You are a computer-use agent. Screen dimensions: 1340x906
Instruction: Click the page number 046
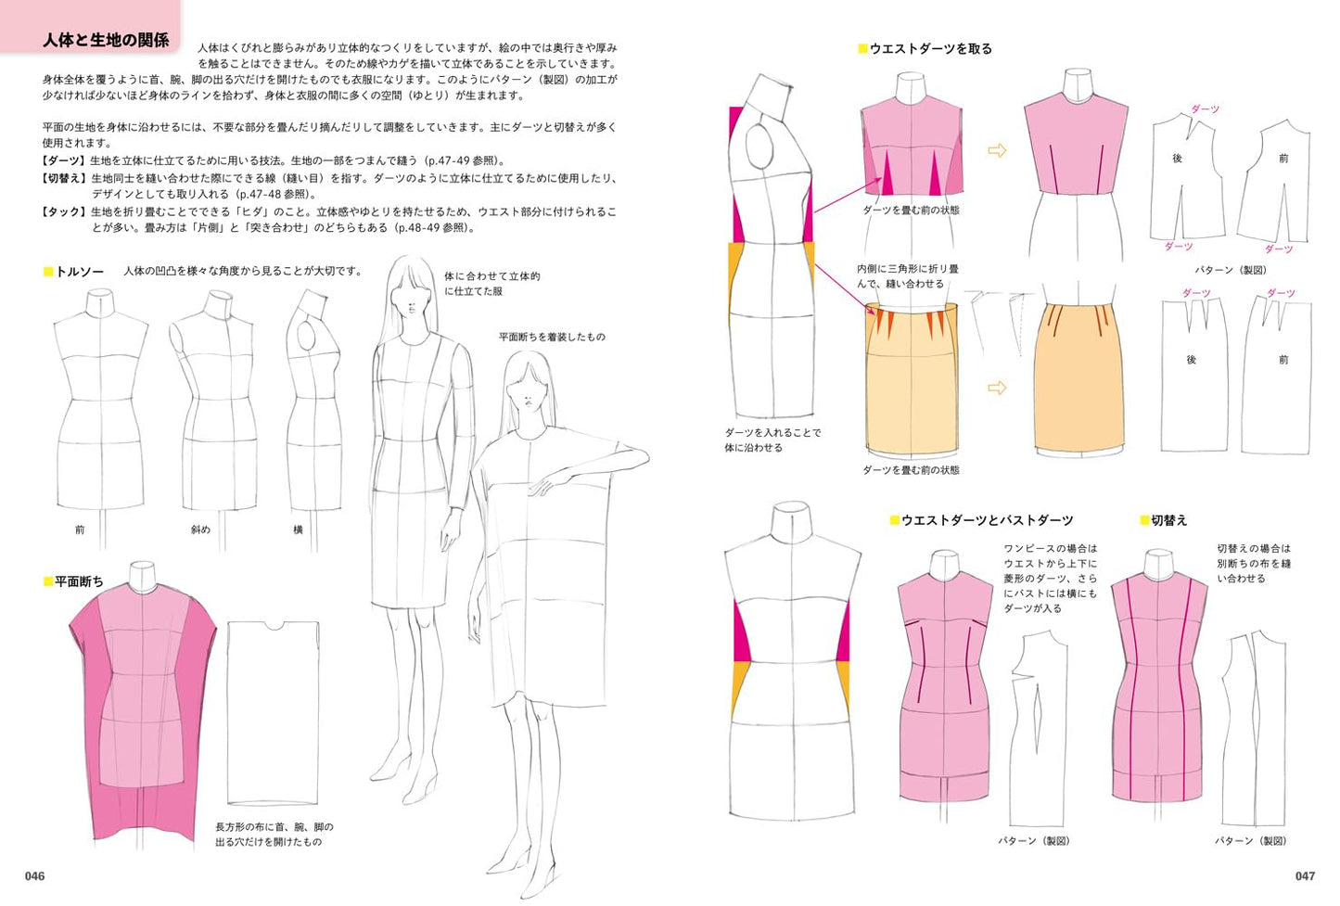point(34,876)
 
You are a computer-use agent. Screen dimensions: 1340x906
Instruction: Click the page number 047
point(1305,876)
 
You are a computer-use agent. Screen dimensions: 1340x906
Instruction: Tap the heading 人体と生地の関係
point(106,40)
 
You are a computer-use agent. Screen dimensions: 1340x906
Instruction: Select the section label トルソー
point(80,272)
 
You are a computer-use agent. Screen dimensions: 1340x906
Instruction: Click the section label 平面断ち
point(79,581)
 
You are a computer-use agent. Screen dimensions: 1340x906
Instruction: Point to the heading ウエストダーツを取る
point(930,48)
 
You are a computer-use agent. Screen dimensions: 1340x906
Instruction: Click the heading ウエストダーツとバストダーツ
point(987,520)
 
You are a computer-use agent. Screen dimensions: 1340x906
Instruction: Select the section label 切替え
point(1169,520)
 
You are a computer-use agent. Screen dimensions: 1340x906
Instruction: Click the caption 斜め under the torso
point(200,530)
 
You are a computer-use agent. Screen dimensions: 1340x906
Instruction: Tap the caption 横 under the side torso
point(298,530)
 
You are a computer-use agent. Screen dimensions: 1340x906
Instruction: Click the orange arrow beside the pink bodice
point(997,150)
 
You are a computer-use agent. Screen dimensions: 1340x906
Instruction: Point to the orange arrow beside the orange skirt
point(997,388)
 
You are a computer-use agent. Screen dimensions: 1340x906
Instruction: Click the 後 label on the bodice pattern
point(1177,159)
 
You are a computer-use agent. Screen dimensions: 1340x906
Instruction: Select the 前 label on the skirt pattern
point(1283,360)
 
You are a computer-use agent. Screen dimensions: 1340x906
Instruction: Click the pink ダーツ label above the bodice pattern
point(1205,108)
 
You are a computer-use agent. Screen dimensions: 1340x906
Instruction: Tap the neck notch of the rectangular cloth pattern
point(274,625)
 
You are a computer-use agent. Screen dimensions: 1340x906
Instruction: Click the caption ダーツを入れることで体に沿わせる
point(772,440)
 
